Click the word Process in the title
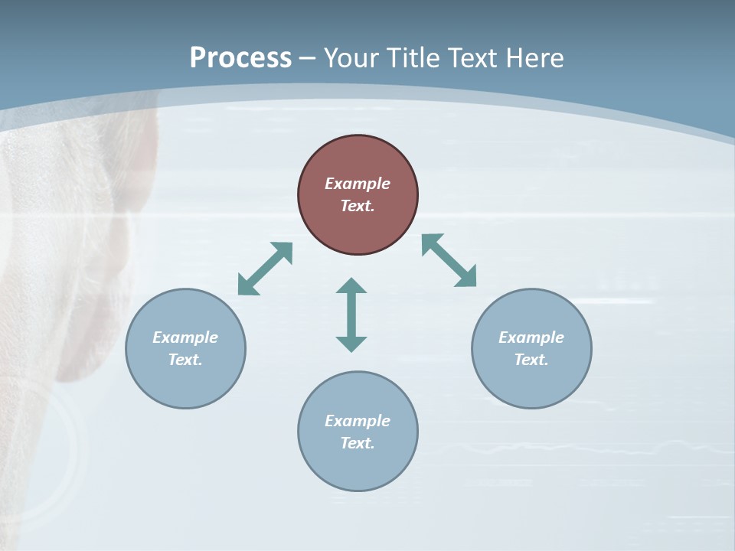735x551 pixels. click(x=240, y=58)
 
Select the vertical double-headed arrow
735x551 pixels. click(x=351, y=315)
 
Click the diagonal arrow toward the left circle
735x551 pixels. click(x=265, y=269)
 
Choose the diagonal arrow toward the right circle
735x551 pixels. click(x=449, y=260)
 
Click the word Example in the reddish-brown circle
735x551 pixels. click(x=358, y=184)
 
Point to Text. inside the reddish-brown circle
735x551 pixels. click(x=358, y=206)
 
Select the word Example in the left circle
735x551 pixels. click(x=185, y=337)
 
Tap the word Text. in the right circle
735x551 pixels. click(x=531, y=360)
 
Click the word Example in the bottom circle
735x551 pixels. click(x=358, y=421)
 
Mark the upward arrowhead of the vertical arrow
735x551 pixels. click(x=351, y=285)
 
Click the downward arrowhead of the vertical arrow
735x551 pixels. click(x=351, y=343)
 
